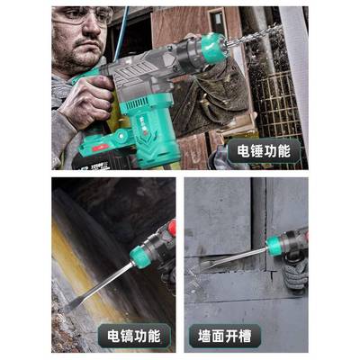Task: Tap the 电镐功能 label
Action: point(133,336)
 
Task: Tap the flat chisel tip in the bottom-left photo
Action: point(72,304)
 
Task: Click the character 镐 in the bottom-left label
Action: point(127,336)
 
